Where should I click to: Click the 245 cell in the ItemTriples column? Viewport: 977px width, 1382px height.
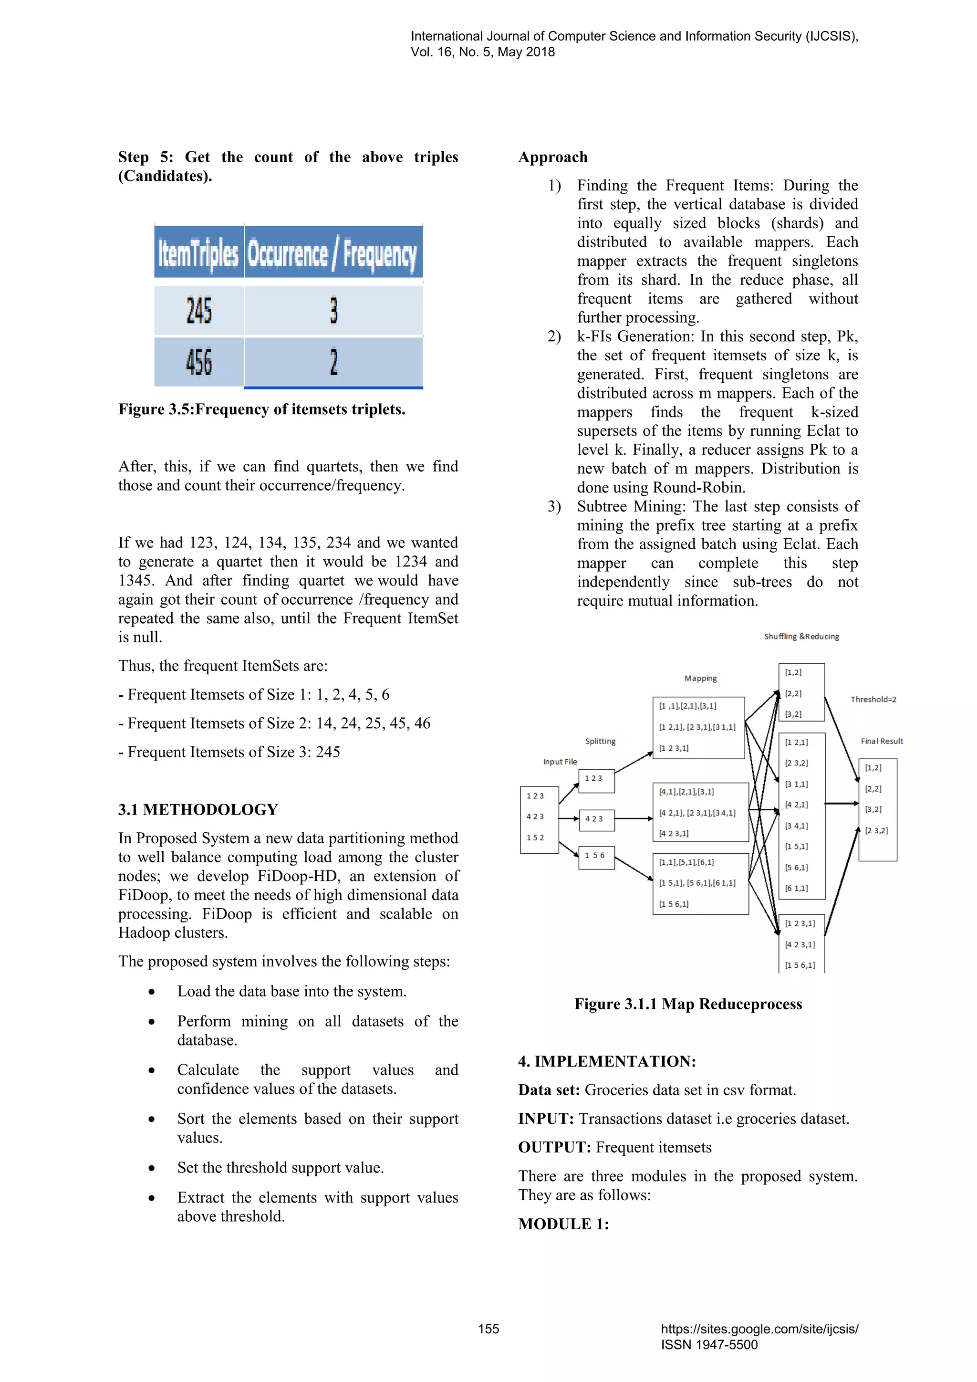click(199, 311)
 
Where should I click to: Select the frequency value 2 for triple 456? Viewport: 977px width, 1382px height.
click(333, 362)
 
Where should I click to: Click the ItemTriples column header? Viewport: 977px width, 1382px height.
click(198, 253)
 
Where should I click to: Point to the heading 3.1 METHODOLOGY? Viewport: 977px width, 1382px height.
click(198, 809)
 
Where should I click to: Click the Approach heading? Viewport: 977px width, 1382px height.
click(553, 157)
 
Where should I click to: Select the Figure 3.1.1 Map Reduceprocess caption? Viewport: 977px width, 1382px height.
click(687, 1004)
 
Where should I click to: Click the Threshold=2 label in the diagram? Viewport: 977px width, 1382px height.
click(873, 700)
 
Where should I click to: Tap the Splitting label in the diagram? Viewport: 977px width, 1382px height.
click(600, 741)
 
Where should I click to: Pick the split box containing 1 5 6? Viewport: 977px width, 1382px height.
click(596, 856)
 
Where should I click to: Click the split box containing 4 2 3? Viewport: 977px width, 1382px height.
click(596, 819)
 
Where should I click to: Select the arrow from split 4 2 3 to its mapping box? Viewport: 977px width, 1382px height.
click(634, 818)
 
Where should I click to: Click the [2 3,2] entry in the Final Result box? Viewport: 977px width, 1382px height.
click(876, 831)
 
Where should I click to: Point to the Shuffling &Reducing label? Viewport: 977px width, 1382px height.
click(801, 637)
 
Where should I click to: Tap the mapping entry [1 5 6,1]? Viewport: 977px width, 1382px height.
click(674, 904)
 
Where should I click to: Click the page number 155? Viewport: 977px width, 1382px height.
click(488, 1329)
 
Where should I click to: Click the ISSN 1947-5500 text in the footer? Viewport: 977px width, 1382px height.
click(709, 1345)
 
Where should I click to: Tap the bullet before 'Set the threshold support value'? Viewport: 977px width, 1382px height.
click(152, 1168)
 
